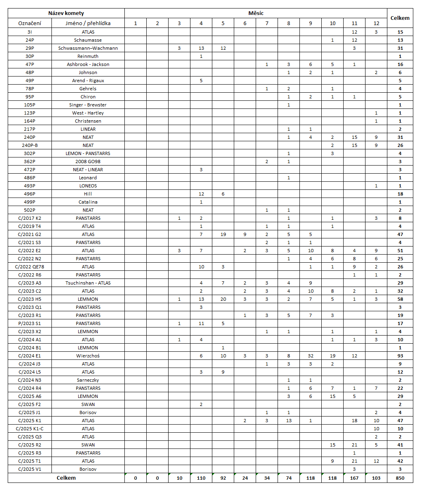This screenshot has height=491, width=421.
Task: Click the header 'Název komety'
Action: click(x=66, y=13)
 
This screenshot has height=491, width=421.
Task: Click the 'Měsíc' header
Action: click(x=256, y=13)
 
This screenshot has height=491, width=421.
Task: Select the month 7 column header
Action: click(x=267, y=23)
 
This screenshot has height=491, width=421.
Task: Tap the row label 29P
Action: click(x=30, y=48)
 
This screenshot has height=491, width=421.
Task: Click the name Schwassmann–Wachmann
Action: click(x=88, y=48)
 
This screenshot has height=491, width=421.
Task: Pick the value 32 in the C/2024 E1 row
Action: click(x=310, y=356)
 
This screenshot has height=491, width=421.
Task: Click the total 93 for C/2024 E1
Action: click(x=400, y=356)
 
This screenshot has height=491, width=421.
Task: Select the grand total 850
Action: click(x=400, y=478)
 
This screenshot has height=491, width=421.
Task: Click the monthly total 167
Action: click(x=354, y=478)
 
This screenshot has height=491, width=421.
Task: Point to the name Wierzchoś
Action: click(x=88, y=356)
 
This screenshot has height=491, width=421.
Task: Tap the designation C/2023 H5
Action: click(x=30, y=299)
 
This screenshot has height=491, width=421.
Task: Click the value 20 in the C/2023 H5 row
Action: click(x=223, y=299)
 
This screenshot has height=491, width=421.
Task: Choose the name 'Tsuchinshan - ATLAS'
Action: click(x=88, y=283)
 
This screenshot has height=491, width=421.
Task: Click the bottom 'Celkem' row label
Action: click(x=66, y=478)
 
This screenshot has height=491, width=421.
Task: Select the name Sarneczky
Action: click(x=88, y=380)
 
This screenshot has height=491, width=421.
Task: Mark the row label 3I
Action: click(x=30, y=32)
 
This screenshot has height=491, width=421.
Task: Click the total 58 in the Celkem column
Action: click(x=400, y=299)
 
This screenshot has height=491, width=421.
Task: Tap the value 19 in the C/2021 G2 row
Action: click(x=223, y=234)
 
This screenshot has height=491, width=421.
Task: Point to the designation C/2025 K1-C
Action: click(x=30, y=429)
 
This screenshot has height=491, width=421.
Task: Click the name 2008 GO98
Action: click(x=88, y=162)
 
